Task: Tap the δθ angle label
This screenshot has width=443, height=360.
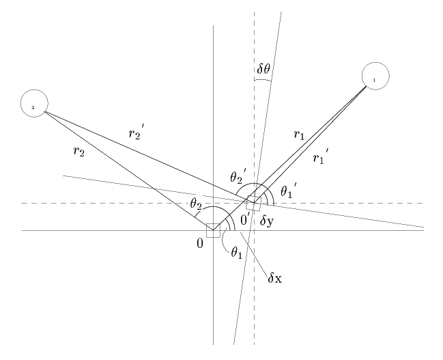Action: tap(263, 69)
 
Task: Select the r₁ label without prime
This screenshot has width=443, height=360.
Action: tap(298, 135)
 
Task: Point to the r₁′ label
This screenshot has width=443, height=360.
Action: tap(319, 158)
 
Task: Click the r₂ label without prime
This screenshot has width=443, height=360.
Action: tap(79, 151)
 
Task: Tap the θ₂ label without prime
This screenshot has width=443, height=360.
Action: tap(196, 203)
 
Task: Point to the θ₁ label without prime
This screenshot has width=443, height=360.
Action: tap(236, 253)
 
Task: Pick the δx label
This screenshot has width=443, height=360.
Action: tap(274, 279)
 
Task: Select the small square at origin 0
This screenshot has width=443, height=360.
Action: tap(213, 230)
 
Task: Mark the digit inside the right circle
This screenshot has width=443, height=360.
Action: tap(375, 80)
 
